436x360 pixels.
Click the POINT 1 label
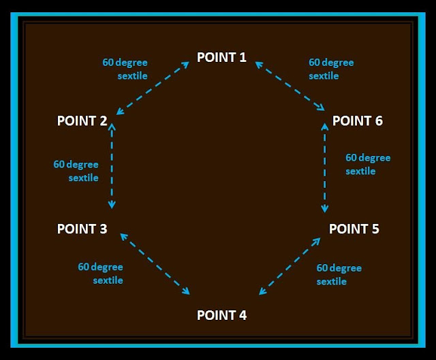point(221,57)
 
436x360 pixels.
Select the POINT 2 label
point(82,121)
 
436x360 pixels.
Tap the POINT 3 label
point(82,229)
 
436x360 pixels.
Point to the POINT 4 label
point(221,315)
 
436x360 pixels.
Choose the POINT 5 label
point(354,229)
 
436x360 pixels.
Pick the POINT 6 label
point(357,121)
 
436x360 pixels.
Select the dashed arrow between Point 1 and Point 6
point(291,86)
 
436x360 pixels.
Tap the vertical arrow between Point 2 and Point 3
point(112,166)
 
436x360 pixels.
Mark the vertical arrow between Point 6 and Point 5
point(326,166)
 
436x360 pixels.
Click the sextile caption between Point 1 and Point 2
point(125,69)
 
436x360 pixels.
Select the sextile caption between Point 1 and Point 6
point(331,69)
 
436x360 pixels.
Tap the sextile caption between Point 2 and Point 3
point(76,171)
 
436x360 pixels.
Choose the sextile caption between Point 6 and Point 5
point(368,164)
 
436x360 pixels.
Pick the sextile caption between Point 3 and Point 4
point(100,274)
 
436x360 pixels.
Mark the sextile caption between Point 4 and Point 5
point(339,274)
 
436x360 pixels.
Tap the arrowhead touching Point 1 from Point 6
point(258,63)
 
